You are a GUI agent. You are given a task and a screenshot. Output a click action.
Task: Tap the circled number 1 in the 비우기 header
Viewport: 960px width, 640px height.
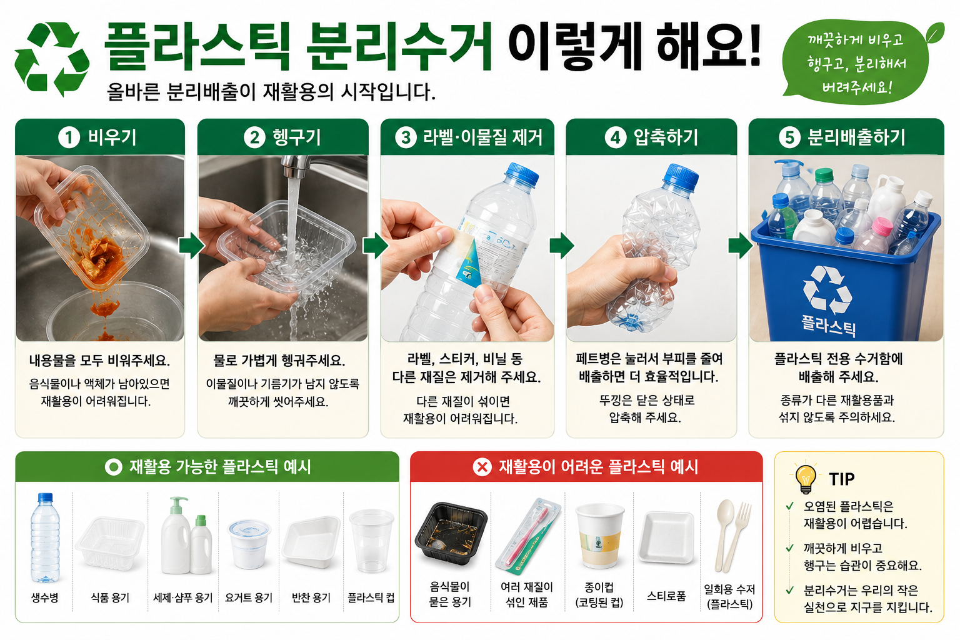(x=69, y=138)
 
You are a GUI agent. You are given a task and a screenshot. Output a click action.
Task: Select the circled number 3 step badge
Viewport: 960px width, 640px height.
(x=406, y=138)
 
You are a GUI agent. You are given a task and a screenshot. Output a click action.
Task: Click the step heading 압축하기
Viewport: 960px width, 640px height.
(x=666, y=137)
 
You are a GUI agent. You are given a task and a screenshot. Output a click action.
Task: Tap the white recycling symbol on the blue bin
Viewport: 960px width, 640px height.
(x=827, y=290)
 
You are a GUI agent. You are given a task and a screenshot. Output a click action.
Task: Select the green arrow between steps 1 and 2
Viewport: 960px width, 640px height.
(x=192, y=246)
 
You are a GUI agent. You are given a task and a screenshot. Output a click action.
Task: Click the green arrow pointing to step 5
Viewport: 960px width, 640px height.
(x=741, y=246)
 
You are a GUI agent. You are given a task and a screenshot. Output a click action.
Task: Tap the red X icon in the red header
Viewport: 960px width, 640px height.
(x=482, y=467)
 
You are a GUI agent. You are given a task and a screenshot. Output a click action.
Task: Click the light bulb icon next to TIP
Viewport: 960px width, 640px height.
(x=805, y=478)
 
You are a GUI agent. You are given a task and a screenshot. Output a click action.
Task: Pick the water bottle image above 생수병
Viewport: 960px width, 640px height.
(x=45, y=538)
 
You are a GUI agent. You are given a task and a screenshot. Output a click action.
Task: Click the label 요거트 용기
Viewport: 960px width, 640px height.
(x=249, y=597)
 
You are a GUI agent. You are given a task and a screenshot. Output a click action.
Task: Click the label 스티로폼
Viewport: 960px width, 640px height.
(x=666, y=596)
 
